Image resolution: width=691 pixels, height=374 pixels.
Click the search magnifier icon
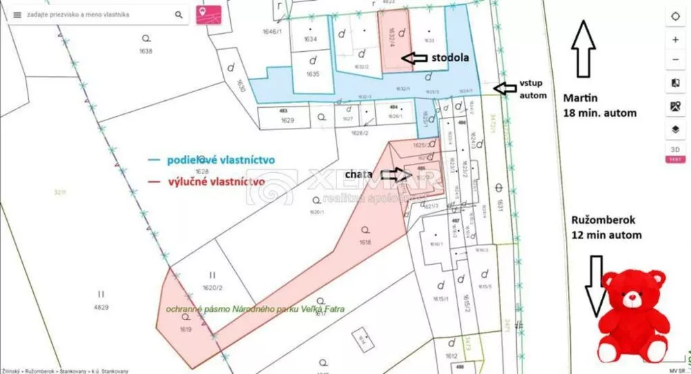click(179, 15)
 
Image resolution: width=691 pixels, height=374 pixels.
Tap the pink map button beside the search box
click(204, 14)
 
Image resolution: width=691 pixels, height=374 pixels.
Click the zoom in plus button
click(675, 39)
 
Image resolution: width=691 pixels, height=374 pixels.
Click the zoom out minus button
click(675, 59)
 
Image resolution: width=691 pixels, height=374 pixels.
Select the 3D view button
click(675, 149)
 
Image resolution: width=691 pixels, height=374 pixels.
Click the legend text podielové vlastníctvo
click(220, 160)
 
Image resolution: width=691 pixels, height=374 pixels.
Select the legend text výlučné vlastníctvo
click(216, 181)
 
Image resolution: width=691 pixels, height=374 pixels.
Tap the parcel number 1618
click(366, 242)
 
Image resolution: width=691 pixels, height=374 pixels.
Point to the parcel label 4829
click(102, 306)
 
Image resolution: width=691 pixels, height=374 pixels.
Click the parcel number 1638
click(145, 51)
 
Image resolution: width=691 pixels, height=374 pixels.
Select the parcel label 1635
click(312, 74)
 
